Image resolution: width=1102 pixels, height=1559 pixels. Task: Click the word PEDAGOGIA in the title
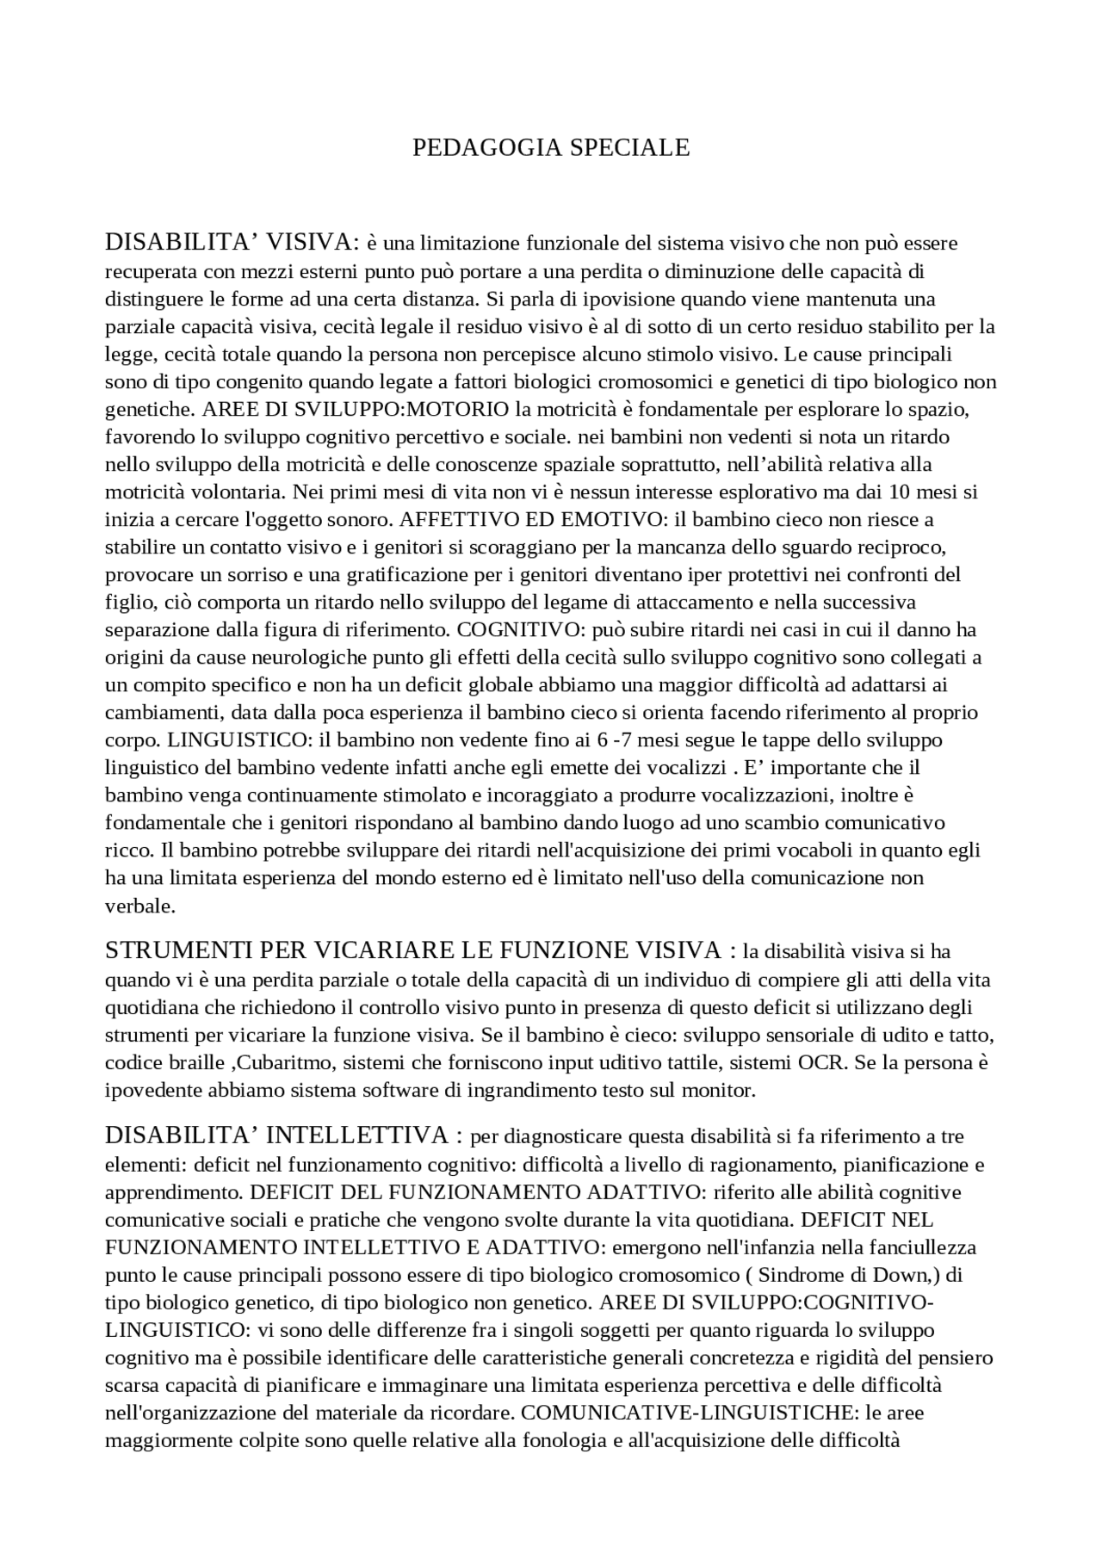click(x=477, y=148)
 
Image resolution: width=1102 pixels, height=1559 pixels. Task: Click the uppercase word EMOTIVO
click(x=614, y=520)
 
